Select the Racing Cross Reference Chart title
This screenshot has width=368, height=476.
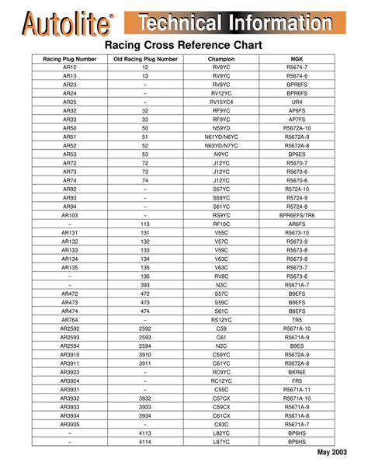[x=183, y=46]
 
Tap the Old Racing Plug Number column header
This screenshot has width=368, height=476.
[x=145, y=59]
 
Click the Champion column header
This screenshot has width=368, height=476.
[x=221, y=59]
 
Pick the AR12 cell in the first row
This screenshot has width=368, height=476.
[x=70, y=68]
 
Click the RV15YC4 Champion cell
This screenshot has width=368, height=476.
[x=221, y=102]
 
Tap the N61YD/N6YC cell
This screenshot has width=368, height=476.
[x=221, y=137]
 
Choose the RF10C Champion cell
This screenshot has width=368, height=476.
[x=221, y=224]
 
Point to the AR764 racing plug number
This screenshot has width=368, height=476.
[x=70, y=319]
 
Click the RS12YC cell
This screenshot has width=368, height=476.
[x=221, y=319]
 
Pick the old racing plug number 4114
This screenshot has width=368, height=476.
[x=145, y=441]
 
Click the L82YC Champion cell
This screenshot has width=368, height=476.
[x=221, y=433]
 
